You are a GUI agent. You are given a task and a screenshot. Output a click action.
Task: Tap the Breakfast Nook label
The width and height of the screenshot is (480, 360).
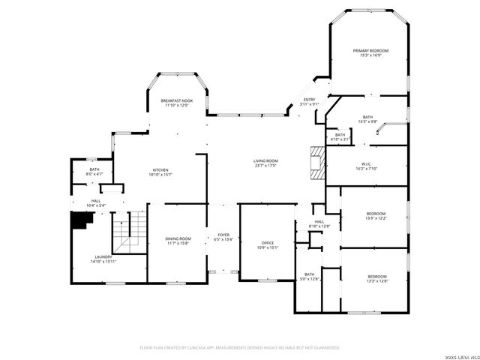pos(176,100)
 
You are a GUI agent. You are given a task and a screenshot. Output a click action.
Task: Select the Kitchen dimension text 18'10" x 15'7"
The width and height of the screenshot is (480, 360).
pos(161,175)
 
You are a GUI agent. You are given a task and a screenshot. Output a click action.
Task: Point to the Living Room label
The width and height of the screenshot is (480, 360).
pos(265,161)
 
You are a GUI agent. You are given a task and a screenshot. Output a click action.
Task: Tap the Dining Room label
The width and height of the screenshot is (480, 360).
pos(178,238)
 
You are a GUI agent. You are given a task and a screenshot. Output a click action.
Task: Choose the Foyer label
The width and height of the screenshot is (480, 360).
pos(223,235)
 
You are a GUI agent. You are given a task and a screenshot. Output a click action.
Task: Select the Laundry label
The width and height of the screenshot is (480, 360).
pos(103,256)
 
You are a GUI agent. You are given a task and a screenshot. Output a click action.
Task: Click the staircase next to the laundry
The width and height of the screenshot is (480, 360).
pos(127,233)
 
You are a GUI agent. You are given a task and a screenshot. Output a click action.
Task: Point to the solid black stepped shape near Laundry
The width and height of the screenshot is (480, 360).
pos(79,221)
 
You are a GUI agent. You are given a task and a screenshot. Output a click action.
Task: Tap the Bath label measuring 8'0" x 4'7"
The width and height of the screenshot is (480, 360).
pos(94,169)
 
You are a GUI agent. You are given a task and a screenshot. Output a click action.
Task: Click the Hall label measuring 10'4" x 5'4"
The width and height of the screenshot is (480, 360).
pos(96,201)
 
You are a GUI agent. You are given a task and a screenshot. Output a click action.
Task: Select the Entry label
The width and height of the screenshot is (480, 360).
pos(308,100)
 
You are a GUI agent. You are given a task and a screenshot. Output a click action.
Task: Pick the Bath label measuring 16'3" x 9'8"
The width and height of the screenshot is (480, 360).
pos(367,117)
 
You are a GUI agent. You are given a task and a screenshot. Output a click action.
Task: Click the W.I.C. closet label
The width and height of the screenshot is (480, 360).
pos(367,164)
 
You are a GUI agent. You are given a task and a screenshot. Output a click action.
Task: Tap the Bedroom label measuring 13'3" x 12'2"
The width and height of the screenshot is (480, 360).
pos(376,213)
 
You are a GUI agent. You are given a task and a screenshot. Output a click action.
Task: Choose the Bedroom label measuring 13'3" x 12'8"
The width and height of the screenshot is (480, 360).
pos(376,276)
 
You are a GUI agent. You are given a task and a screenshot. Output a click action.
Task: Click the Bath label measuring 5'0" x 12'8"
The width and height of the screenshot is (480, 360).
pos(310,274)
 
